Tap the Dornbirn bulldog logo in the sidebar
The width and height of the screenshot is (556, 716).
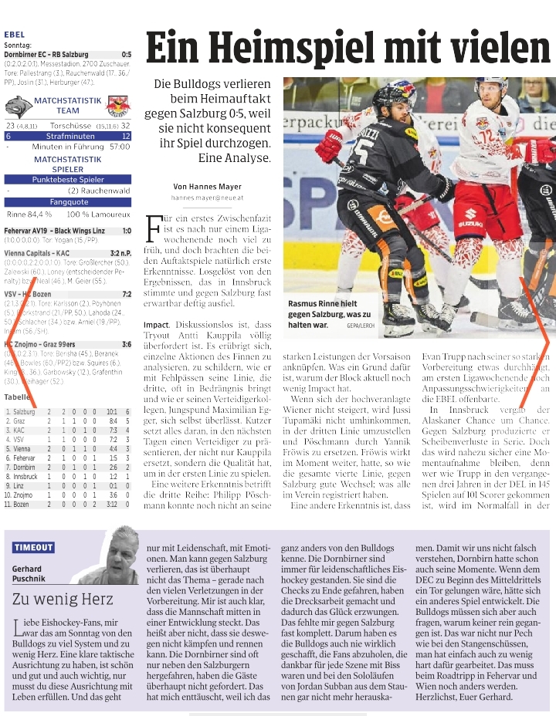tap(18, 106)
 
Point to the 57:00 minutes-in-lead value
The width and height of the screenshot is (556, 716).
tap(119, 146)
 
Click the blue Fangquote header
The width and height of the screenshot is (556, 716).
tap(67, 202)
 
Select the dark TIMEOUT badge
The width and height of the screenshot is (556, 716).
tap(33, 547)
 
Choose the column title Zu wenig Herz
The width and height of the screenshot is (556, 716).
tap(58, 599)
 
